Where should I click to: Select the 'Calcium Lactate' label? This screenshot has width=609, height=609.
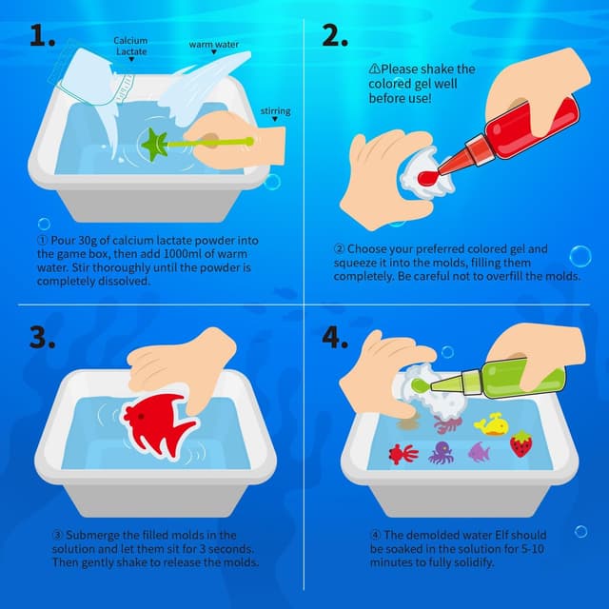click(x=130, y=47)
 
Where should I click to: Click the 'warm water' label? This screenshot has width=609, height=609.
click(x=213, y=45)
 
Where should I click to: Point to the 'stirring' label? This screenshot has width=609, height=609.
click(x=275, y=111)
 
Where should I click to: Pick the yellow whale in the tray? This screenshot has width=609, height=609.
click(x=490, y=423)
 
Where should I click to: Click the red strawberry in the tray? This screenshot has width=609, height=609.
click(x=521, y=443)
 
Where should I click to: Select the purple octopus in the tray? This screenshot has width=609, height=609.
click(x=441, y=452)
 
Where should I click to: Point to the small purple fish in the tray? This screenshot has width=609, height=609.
click(x=479, y=451)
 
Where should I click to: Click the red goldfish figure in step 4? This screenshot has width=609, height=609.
click(x=402, y=452)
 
